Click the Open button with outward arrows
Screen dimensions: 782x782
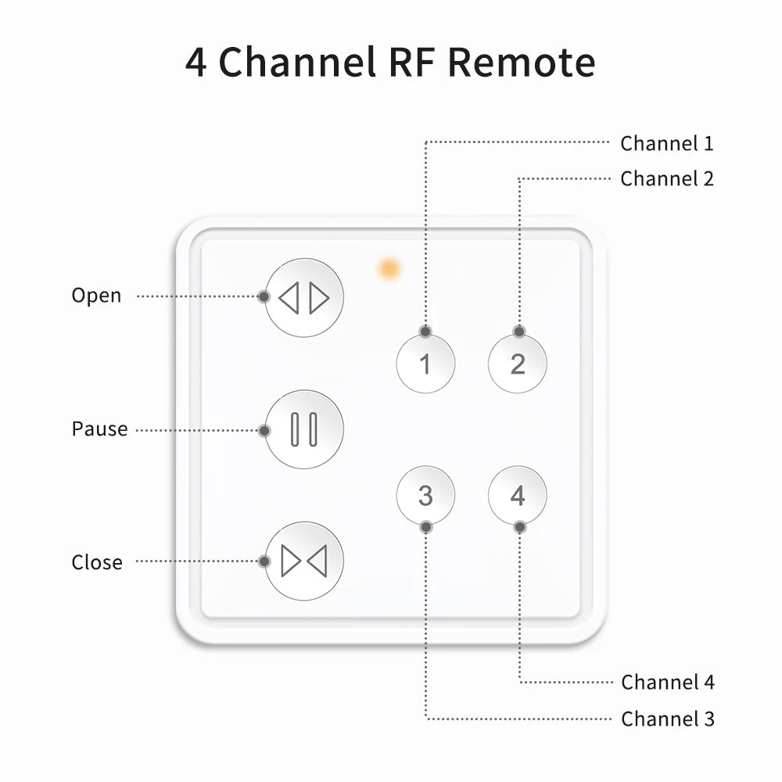(304, 298)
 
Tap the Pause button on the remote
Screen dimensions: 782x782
(304, 429)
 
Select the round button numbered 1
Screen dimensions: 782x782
(425, 364)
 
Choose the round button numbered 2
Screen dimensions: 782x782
(518, 364)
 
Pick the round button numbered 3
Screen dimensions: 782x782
(425, 495)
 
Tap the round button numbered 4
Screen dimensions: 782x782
(518, 495)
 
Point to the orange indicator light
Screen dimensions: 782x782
(389, 269)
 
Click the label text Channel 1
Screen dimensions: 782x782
(666, 144)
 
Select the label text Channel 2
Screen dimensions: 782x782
(666, 179)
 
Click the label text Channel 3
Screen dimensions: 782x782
(667, 719)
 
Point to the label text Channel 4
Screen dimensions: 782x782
(667, 683)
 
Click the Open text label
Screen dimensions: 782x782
(96, 296)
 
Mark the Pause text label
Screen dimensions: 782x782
(99, 429)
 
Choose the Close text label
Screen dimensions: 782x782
(97, 563)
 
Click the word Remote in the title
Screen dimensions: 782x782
(522, 63)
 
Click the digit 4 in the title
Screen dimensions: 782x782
(196, 63)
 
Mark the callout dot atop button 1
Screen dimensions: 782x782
(425, 332)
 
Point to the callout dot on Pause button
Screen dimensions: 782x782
(264, 430)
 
